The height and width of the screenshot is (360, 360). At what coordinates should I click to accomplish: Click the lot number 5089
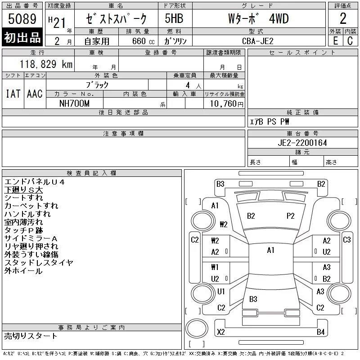point(22,19)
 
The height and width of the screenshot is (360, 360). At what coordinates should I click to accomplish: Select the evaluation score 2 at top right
point(343,18)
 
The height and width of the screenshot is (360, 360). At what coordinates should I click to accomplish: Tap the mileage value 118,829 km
point(46,64)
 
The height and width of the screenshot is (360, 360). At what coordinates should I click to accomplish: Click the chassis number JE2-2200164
point(302,143)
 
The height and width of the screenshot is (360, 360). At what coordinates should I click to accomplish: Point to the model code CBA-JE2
point(257,41)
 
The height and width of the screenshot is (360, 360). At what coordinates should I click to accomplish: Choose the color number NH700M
point(74,103)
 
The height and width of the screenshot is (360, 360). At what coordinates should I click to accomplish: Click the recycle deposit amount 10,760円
point(226,104)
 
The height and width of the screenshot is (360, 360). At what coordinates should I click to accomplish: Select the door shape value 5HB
point(174,18)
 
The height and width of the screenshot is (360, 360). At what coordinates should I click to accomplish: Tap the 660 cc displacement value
point(143,41)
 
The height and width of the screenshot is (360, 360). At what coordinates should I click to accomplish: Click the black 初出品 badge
point(22,37)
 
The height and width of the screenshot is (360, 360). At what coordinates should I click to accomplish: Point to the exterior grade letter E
point(335,41)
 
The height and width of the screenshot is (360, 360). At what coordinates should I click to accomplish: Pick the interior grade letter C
point(350,41)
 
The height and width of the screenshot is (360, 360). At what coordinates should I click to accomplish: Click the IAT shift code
point(13,94)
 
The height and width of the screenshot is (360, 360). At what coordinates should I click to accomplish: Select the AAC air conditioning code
point(35,94)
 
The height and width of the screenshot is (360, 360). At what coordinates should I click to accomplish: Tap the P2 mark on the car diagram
point(290,216)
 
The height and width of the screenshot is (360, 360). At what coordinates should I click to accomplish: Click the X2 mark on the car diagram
point(221,332)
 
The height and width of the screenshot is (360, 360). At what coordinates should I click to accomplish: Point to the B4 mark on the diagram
point(321,332)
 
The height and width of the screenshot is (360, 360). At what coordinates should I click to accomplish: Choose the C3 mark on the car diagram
point(346,240)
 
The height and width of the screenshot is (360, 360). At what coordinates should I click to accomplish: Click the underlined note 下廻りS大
point(23,190)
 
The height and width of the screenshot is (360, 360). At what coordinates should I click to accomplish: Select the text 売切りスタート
point(31,336)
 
